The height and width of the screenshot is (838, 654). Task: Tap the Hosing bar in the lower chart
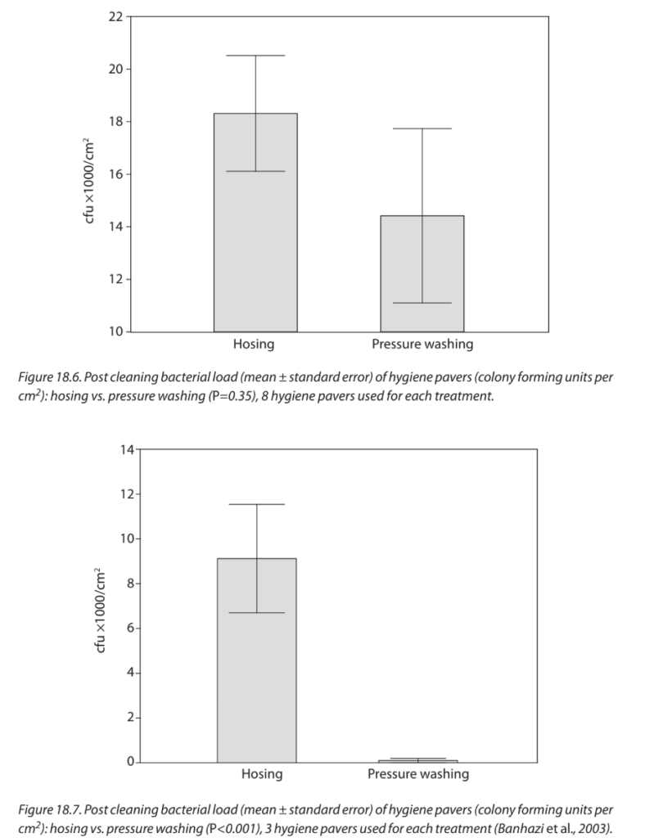coord(257,671)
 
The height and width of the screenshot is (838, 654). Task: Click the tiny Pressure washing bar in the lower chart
coord(417,761)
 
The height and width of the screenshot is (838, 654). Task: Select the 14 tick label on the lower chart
coord(126,449)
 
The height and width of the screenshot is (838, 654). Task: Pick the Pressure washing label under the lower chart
coord(418,773)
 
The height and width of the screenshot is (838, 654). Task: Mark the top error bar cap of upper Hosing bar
coord(255,56)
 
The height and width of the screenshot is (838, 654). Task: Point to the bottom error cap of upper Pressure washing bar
coord(422,303)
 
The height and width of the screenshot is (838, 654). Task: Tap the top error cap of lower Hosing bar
coord(257,504)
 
